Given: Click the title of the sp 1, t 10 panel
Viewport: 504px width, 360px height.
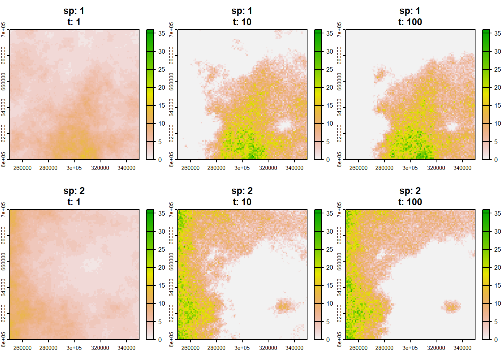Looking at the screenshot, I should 242,16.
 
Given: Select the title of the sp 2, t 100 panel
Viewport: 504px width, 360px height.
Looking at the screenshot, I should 410,196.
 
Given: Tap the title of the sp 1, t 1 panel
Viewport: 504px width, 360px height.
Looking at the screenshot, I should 74,16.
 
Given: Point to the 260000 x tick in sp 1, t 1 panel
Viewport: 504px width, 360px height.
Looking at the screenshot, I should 22,168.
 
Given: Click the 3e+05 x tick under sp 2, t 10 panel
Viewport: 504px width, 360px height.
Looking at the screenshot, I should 242,348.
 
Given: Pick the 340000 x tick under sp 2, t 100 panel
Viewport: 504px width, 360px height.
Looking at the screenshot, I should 462,348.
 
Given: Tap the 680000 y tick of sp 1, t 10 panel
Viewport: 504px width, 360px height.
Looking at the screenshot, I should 171,55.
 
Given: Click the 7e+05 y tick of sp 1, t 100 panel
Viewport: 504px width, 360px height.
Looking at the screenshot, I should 339,30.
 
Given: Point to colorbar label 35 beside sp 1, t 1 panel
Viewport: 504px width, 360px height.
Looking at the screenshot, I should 162,33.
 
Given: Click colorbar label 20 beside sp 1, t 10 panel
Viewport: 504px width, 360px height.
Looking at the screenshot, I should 330,87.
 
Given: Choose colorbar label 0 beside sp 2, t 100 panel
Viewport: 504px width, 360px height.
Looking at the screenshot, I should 496,340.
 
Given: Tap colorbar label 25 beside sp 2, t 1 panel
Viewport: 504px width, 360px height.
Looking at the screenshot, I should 162,249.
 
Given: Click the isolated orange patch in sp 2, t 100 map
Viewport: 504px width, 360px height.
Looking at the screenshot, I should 451,307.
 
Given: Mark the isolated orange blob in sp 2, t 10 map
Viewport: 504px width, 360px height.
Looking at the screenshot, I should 283,306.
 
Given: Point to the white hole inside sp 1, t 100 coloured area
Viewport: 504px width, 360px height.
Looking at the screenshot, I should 452,126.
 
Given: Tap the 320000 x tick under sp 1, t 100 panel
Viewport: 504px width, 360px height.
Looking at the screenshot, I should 436,168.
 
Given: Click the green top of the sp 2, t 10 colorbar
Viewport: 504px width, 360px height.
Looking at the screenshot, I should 318,213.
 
